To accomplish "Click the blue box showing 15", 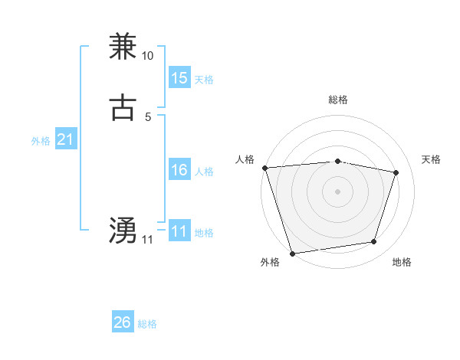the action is click(x=179, y=78).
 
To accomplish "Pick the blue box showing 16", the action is click(x=179, y=170).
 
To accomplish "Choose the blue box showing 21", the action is click(x=65, y=140).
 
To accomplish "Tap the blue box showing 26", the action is click(x=122, y=322).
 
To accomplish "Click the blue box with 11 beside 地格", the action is click(x=179, y=231).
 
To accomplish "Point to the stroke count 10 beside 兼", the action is click(x=148, y=56).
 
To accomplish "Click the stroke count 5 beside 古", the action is click(x=148, y=117).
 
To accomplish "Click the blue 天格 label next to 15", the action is click(x=204, y=80).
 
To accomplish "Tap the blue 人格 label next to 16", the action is click(x=204, y=172).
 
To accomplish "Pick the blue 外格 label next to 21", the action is click(x=41, y=141).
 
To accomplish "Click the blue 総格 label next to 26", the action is click(x=147, y=324).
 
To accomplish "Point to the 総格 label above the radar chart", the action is click(x=337, y=100).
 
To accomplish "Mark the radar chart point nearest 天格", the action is click(x=396, y=172).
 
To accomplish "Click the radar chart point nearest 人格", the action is click(x=264, y=168).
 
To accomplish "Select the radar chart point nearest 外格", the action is click(x=292, y=253).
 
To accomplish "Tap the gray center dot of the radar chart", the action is click(x=337, y=191).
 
